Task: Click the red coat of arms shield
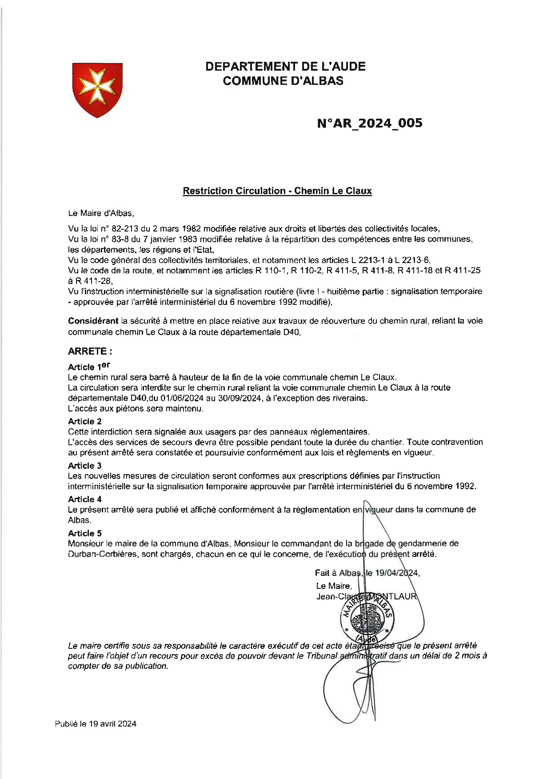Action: point(97,90)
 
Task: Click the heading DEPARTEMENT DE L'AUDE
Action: point(285,67)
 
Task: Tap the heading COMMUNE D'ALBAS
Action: point(283,81)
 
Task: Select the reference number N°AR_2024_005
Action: point(370,123)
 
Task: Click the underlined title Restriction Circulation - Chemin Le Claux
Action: point(277,191)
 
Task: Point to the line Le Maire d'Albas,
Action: point(101,213)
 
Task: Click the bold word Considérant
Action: point(93,321)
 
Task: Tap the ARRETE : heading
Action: point(90,352)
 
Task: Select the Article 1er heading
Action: point(88,367)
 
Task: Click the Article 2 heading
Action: point(84,421)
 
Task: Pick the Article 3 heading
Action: point(84,466)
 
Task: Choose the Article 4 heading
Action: point(84,499)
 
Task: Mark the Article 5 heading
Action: point(84,533)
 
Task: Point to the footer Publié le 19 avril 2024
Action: point(96,724)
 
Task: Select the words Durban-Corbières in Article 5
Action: point(102,554)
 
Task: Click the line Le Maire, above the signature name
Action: point(334,586)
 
